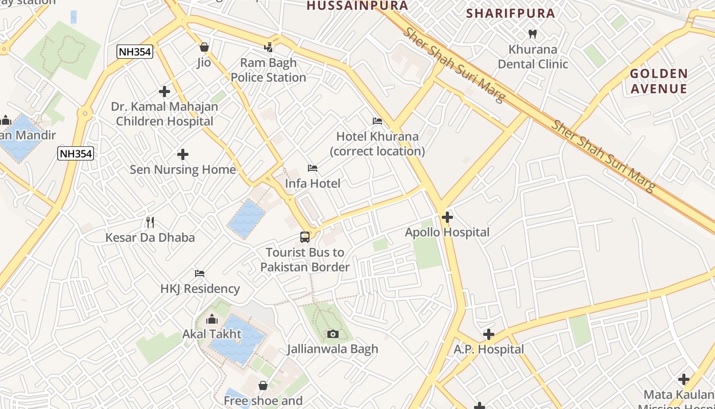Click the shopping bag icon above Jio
click(204, 48)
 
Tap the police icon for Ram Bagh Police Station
click(269, 48)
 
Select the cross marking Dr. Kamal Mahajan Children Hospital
click(164, 92)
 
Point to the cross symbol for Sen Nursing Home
click(183, 154)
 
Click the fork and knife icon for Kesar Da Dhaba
click(150, 222)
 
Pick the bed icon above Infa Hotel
click(313, 168)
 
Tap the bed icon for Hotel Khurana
click(377, 121)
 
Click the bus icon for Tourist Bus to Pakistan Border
click(305, 237)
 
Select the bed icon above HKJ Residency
click(200, 274)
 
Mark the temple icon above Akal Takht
click(212, 320)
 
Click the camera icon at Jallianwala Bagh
click(333, 334)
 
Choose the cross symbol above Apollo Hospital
click(447, 217)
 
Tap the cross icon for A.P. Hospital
click(489, 334)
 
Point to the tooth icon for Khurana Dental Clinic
click(533, 34)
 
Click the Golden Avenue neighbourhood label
click(658, 81)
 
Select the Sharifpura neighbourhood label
click(511, 13)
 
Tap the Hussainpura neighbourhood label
click(357, 6)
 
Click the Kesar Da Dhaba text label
click(150, 238)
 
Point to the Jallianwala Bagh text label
click(332, 349)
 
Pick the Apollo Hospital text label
click(447, 233)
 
